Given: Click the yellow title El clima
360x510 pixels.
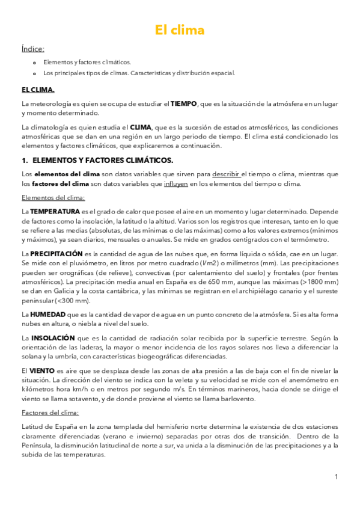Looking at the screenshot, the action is click(180, 30).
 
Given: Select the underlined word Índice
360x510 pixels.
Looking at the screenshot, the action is click(32, 49).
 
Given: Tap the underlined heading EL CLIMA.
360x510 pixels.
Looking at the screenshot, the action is click(38, 90).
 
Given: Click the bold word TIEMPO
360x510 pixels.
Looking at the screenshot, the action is click(183, 104).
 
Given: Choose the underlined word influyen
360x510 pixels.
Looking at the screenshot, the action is click(175, 183).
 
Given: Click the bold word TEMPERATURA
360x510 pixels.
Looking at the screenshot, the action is click(55, 212).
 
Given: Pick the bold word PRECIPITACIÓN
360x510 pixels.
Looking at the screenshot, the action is click(56, 254).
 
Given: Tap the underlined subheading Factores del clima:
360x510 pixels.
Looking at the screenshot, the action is click(50, 412).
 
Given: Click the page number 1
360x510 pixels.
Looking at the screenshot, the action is click(337, 477).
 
